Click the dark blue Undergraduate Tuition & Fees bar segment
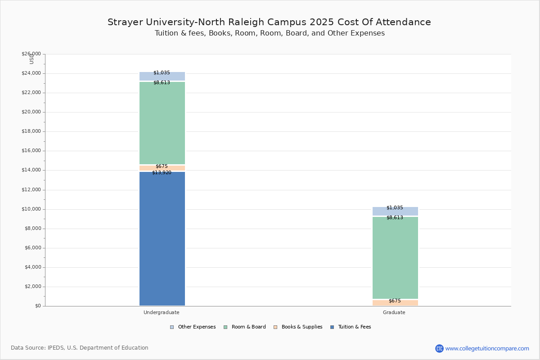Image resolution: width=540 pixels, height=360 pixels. tap(162, 238)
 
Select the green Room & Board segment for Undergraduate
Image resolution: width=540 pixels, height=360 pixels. tap(162, 123)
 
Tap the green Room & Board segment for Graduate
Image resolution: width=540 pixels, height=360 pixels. tap(395, 258)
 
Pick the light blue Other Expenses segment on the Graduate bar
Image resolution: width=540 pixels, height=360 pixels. tap(395, 211)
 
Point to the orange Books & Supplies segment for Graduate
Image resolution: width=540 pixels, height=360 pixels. tap(395, 303)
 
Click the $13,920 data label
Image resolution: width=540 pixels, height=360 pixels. tap(162, 173)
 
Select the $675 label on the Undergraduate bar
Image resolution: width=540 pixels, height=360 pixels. tap(162, 166)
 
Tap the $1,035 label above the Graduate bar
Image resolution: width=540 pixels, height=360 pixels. tap(395, 207)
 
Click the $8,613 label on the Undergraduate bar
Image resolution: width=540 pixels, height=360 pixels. tap(162, 82)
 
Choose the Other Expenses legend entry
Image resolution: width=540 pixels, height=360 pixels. tap(193, 327)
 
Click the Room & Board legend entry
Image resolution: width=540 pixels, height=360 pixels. tap(245, 327)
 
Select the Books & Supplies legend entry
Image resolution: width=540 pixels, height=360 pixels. tap(298, 327)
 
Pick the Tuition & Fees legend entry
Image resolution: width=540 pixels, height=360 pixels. tap(351, 327)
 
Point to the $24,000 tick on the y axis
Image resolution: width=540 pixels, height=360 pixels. tap(31, 73)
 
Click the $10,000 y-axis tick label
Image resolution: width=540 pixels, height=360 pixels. tap(31, 209)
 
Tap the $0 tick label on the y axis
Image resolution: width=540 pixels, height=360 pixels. tap(38, 306)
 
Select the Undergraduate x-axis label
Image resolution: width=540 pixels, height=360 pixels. tap(162, 312)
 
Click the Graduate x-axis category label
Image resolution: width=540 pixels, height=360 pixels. tap(394, 312)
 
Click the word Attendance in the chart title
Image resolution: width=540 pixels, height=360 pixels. tap(403, 22)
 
